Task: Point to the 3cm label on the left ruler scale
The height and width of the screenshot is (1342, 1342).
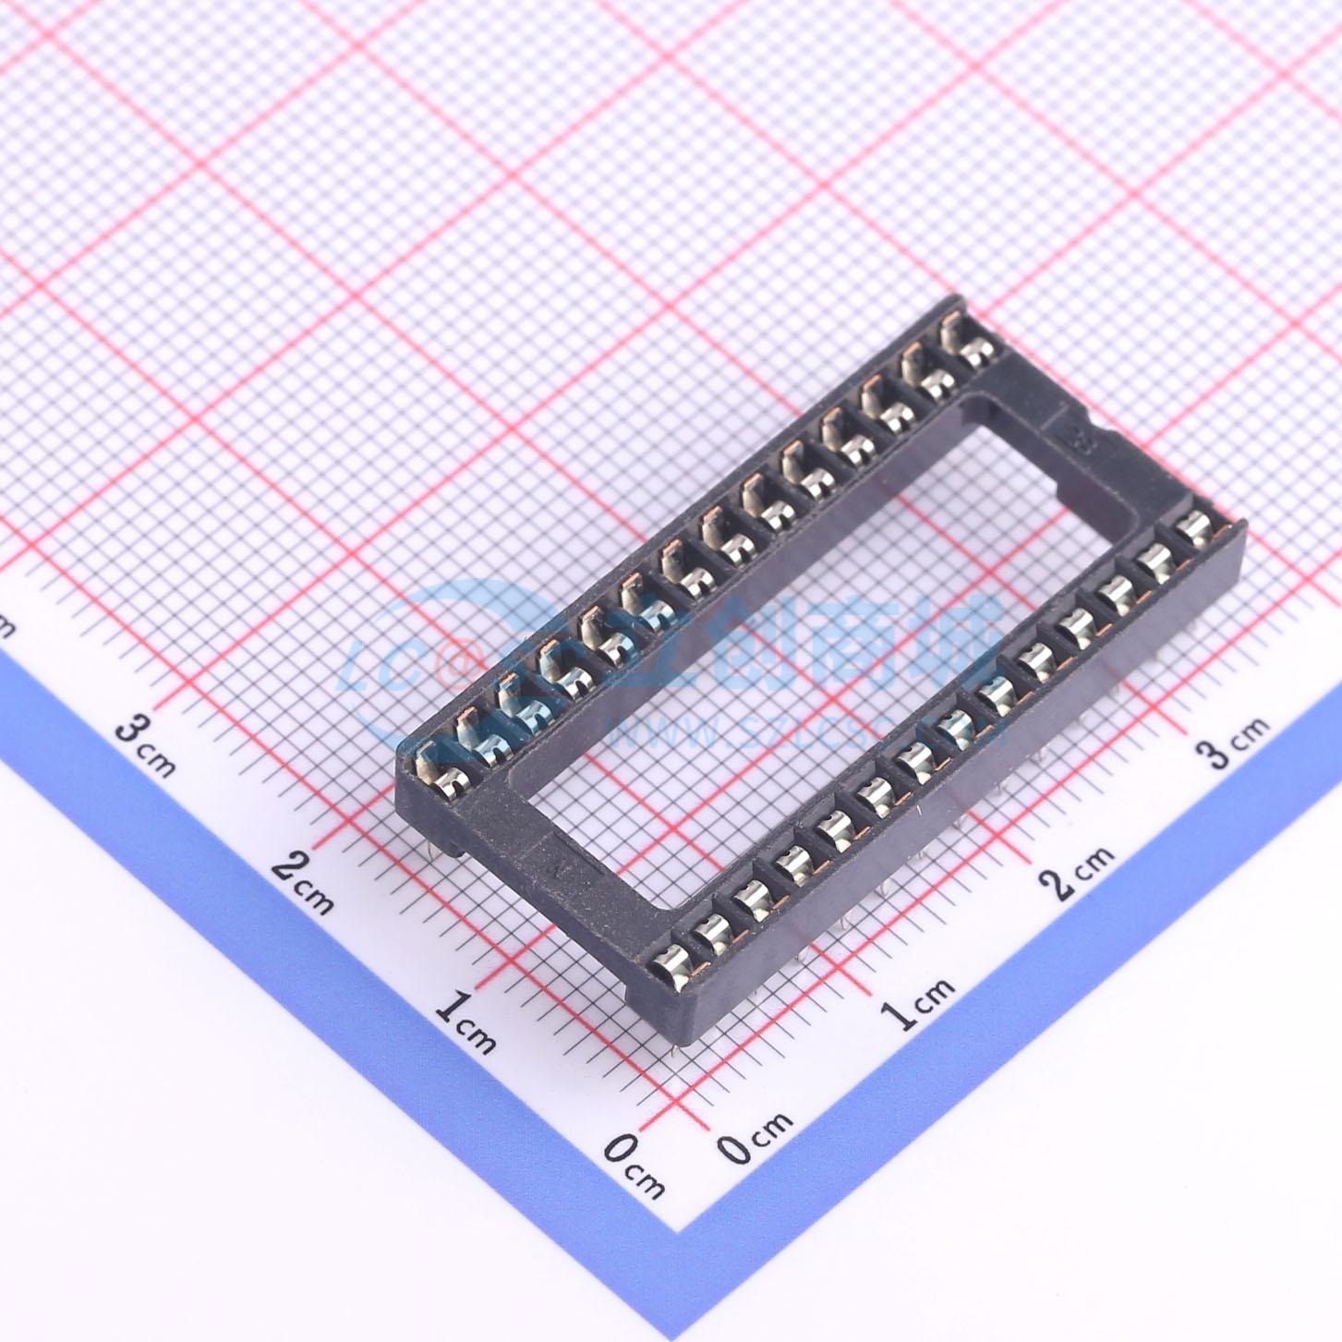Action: click(x=144, y=744)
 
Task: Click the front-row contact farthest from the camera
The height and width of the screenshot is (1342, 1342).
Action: click(x=1195, y=528)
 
